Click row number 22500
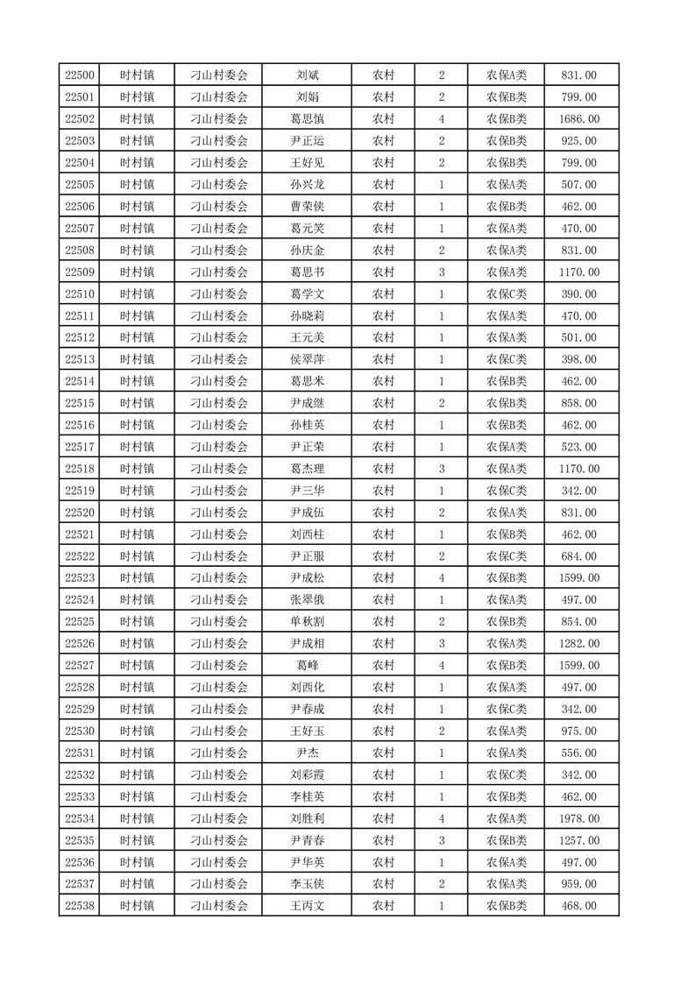[80, 75]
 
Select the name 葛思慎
[307, 119]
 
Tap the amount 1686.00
[579, 119]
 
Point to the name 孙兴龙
[307, 185]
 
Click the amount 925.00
[579, 141]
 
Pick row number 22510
[80, 293]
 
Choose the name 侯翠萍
[307, 359]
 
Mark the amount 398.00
[579, 359]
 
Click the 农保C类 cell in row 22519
[507, 491]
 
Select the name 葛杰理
[307, 469]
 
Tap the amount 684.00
[579, 556]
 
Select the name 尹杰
[307, 753]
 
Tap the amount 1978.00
[579, 818]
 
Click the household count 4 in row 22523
[441, 578]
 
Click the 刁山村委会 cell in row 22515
[219, 403]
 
